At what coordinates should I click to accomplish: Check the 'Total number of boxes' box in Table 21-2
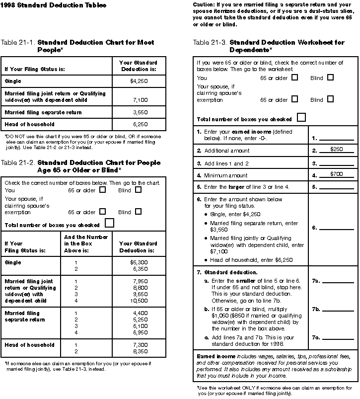tap(110, 223)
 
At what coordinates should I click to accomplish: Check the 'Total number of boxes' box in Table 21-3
tap(301, 118)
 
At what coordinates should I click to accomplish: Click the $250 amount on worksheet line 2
tap(336, 149)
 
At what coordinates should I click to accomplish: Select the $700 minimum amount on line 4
tap(336, 174)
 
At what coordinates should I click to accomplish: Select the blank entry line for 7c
tap(338, 339)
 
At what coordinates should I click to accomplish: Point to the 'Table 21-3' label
tap(210, 42)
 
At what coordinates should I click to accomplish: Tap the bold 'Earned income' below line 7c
tap(213, 357)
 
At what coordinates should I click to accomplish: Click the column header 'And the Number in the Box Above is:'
tap(86, 243)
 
